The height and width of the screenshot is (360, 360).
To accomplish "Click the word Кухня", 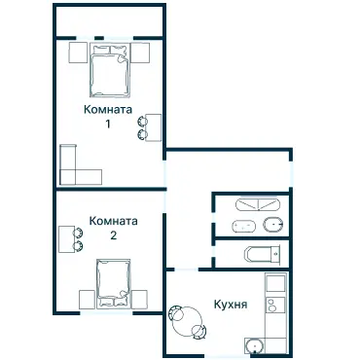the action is [x=231, y=305].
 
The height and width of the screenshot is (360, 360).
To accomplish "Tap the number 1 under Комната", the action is [x=108, y=124].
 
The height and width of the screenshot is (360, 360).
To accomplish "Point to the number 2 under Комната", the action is [x=113, y=235].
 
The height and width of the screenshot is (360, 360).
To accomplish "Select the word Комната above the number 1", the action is [x=108, y=109].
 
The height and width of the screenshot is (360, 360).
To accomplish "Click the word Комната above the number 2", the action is [x=113, y=221].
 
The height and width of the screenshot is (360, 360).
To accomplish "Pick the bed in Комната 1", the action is [x=110, y=69].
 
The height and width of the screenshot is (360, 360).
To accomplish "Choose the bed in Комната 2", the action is [x=113, y=283].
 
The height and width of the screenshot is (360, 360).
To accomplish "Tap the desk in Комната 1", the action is [x=153, y=127].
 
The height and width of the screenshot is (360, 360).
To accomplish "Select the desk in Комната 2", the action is [x=66, y=239].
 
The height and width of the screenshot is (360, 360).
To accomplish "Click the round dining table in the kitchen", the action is [x=187, y=322].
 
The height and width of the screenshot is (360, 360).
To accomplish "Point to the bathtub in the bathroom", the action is [x=257, y=205].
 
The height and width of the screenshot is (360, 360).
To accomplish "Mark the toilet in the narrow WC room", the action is [x=263, y=254].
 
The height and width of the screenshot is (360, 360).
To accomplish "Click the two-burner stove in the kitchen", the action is [x=275, y=305].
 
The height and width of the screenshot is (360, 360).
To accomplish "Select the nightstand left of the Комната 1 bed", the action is [x=78, y=53].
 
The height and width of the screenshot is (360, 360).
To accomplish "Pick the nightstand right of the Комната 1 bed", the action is [x=140, y=53].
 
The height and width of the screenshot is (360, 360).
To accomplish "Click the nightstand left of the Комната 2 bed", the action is [x=87, y=299].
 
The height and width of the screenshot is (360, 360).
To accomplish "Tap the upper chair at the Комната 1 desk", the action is [x=142, y=121].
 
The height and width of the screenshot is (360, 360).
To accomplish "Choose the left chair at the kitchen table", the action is [x=175, y=313].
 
